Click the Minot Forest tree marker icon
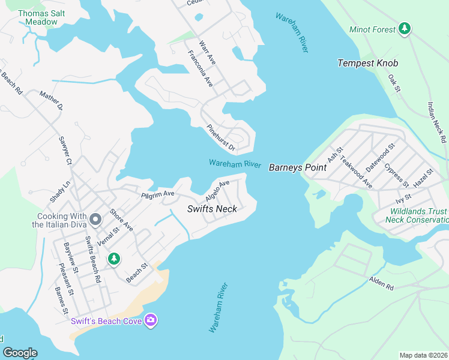click(405, 29)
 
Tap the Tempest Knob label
click(368, 63)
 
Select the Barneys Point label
click(297, 167)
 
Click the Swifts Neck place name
click(212, 209)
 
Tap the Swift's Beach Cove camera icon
click(151, 320)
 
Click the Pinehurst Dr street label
click(220, 137)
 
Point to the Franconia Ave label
click(200, 68)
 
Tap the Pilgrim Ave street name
click(157, 194)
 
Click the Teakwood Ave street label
click(357, 171)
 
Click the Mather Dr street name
click(51, 100)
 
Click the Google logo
click(20, 353)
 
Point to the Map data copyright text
click(423, 355)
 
